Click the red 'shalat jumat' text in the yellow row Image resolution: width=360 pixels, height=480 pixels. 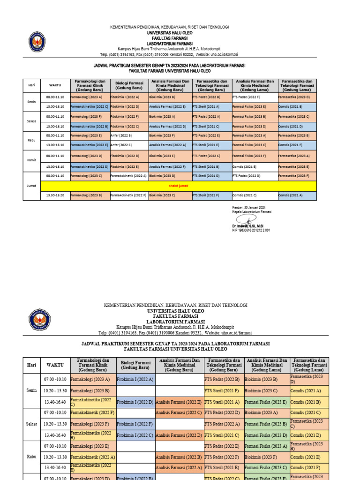tap(179, 186)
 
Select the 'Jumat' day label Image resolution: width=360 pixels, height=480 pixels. tap(31, 186)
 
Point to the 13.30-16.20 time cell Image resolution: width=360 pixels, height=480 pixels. tap(55, 195)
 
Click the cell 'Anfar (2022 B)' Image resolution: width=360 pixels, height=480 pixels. tap(121, 135)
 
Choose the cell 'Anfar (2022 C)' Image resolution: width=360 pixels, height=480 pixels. tap(121, 145)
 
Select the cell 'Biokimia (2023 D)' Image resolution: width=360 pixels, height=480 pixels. tap(162, 176)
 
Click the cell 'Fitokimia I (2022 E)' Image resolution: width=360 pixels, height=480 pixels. tap(125, 166)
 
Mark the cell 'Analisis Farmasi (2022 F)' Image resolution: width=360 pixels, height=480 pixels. tap(167, 166)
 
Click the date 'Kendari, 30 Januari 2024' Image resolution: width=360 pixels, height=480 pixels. tap(249, 207)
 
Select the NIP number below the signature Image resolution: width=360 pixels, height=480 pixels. tap(251, 230)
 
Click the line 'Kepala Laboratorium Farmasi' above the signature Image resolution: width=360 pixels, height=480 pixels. tap(252, 211)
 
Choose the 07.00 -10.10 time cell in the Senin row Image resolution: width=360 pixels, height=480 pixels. tap(55, 379)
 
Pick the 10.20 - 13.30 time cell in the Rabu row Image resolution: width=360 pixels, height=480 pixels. tap(55, 457)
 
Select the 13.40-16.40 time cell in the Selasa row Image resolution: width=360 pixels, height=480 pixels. tap(55, 435)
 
